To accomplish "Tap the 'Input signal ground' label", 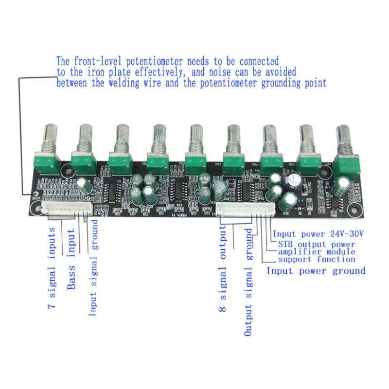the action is (x=93, y=268).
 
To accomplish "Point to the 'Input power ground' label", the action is (x=316, y=271).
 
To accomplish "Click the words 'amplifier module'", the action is (x=317, y=252).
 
